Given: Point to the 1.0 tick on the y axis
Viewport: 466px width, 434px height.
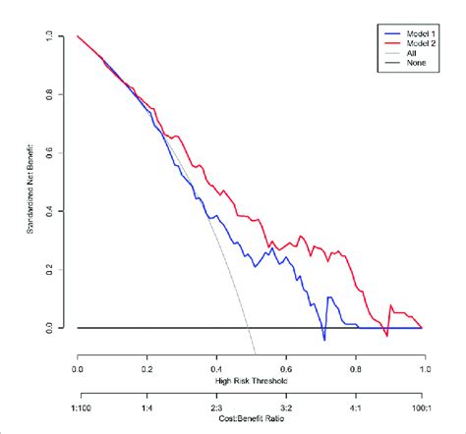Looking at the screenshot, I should pos(61,37).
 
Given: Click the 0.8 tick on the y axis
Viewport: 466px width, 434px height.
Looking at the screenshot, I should pos(61,95).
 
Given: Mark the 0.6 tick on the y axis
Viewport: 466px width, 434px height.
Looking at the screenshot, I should pos(61,153).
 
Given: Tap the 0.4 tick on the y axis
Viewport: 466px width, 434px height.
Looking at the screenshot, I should pos(61,211).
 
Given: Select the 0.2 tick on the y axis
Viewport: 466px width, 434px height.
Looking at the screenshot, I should pos(61,269).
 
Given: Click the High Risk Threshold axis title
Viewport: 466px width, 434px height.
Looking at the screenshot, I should pos(250,380).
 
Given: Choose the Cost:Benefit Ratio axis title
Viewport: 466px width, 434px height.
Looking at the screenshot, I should pos(250,417).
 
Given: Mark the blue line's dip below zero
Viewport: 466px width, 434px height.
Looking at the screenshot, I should pos(323,340).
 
